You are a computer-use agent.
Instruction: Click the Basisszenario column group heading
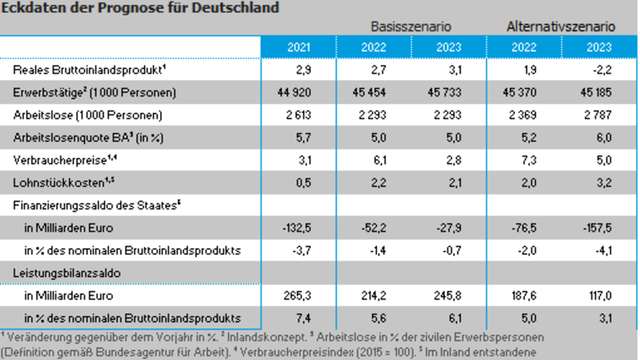(x=411, y=27)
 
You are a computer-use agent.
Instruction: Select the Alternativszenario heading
(x=561, y=27)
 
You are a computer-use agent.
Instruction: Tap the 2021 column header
(x=299, y=47)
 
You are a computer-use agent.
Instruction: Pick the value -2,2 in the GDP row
(x=602, y=70)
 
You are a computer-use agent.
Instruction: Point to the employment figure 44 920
(x=294, y=92)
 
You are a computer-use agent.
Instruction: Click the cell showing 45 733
(x=444, y=92)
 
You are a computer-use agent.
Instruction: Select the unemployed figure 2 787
(x=597, y=115)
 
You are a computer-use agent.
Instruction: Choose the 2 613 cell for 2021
(x=298, y=115)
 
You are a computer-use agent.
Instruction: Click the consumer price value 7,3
(x=529, y=160)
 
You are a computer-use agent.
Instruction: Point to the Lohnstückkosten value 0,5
(x=303, y=183)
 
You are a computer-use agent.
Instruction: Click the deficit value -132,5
(x=296, y=228)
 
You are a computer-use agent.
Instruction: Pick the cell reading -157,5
(x=597, y=228)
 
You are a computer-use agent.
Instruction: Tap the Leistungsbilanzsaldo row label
(x=67, y=273)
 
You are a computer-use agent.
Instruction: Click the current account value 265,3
(x=297, y=295)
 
